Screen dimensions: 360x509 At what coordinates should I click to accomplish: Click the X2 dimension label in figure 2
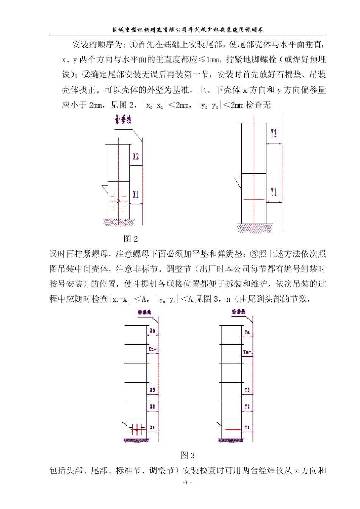pos(136,156)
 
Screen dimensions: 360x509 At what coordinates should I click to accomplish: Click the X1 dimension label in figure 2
pos(136,194)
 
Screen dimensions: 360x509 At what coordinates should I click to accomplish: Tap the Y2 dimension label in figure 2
pos(274,133)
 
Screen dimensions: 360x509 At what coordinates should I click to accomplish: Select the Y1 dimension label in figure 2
pos(274,192)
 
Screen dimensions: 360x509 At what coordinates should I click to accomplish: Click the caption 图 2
pos(131,239)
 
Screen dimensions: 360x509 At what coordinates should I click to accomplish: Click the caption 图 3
pos(188,455)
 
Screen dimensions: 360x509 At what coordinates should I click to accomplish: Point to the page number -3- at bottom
pos(187,483)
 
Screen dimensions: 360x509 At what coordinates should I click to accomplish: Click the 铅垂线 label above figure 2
pos(123,120)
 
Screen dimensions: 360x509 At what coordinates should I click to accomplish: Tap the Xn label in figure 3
pos(152,331)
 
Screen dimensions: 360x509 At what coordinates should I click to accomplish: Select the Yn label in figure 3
pos(247,332)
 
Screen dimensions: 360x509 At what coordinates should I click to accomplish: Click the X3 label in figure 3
pos(152,390)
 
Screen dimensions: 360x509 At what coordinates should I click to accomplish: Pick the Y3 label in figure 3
pos(247,390)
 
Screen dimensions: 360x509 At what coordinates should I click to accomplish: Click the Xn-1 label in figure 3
pos(153,349)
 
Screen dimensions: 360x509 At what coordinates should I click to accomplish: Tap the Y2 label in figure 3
pos(247,407)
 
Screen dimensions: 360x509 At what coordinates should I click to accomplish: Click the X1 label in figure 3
pos(152,428)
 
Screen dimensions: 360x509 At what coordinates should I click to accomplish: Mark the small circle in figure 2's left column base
pos(118,201)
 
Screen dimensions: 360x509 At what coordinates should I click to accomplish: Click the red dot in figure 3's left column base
pos(136,430)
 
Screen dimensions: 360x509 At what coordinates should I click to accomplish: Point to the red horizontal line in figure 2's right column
pos(254,199)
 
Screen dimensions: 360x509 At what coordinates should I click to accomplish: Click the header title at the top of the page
pos(188,30)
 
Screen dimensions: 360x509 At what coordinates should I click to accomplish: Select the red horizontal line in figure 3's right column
pos(233,430)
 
